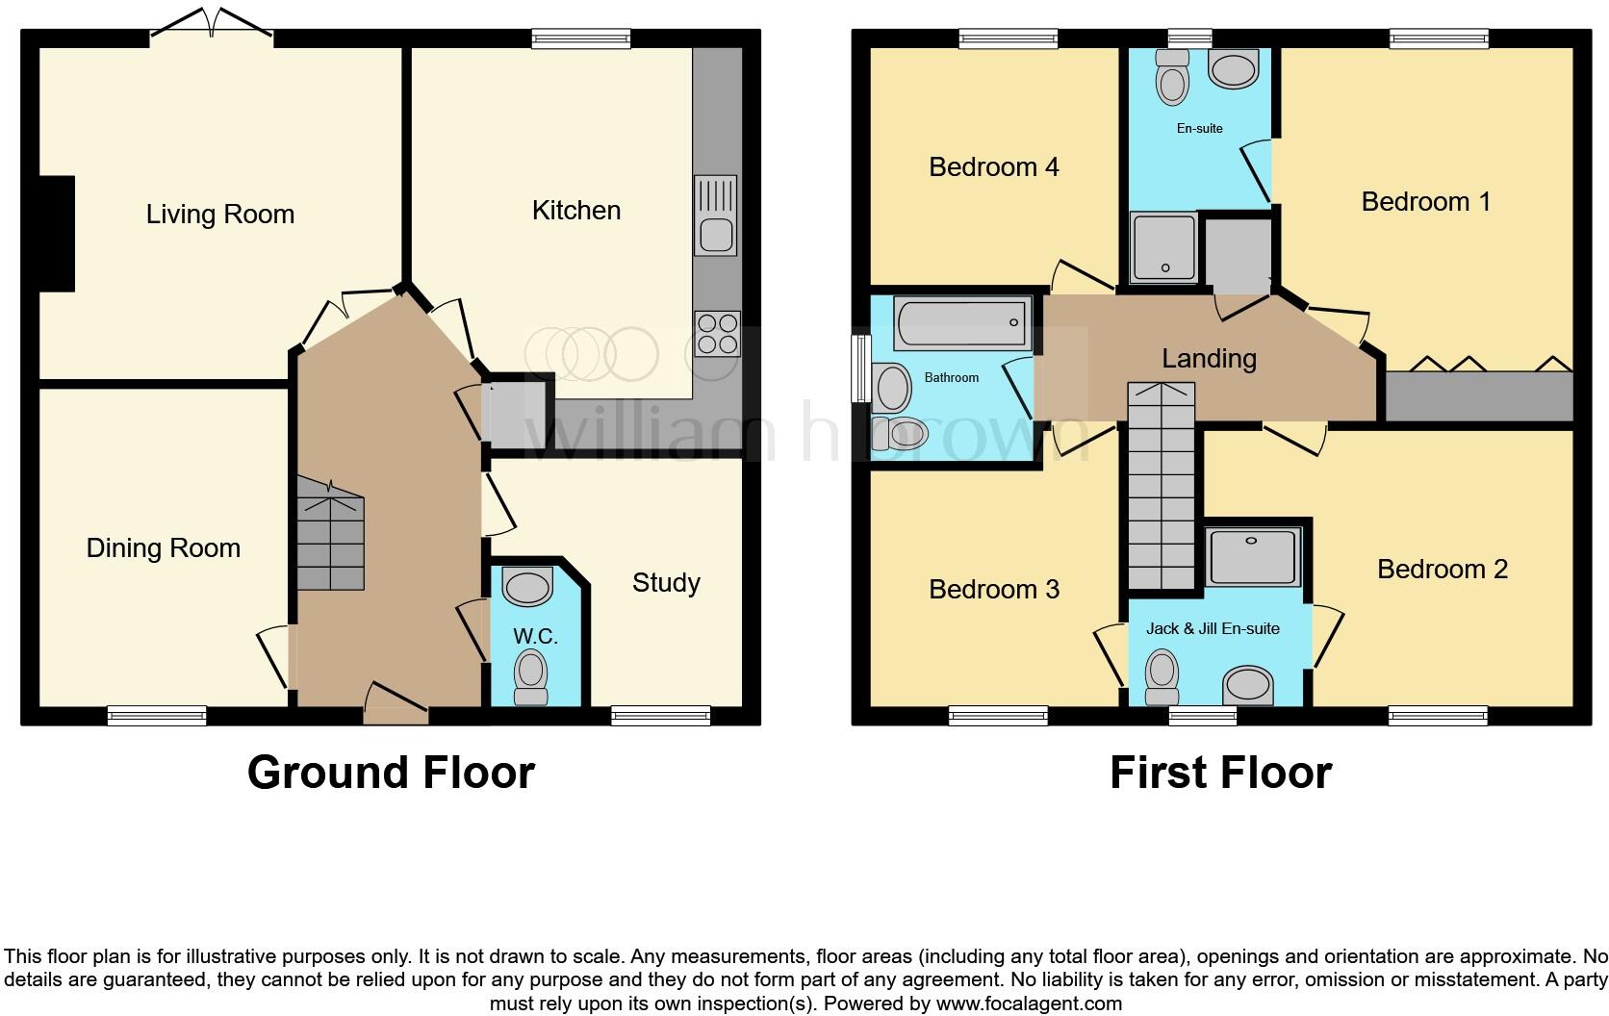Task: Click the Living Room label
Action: pos(219,215)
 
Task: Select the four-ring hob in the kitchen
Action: pos(717,334)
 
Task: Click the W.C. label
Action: pos(535,637)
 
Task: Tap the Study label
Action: pos(666,583)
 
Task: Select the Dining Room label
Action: pos(163,548)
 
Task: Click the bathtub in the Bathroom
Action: pos(961,323)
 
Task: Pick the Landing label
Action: pos(1209,359)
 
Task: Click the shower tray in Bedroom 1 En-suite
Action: pos(1164,249)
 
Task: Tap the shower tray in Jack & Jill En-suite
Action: pos(1252,556)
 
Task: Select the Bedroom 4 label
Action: pos(993,167)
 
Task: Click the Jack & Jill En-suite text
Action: pos(1213,629)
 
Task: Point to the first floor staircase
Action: pos(1162,486)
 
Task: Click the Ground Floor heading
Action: pos(391,773)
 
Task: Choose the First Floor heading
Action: pos(1220,773)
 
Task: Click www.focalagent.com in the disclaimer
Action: pos(1028,1003)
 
